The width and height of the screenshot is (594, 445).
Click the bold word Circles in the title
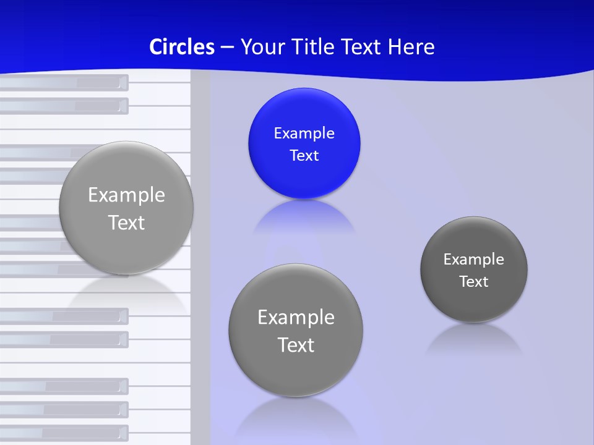pos(181,47)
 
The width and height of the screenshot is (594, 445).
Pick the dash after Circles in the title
pos(227,48)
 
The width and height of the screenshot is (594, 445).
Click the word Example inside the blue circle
pos(304,133)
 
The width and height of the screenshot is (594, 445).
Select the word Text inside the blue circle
pos(304,156)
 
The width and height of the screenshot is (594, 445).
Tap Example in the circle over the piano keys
pos(126,195)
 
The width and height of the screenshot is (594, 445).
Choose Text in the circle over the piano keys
pos(126,222)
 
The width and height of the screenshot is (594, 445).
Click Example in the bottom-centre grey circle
pos(296,318)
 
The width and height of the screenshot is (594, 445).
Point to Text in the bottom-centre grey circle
pos(296,345)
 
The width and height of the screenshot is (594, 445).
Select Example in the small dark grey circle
pos(473,260)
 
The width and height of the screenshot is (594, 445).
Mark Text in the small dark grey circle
pos(473,282)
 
